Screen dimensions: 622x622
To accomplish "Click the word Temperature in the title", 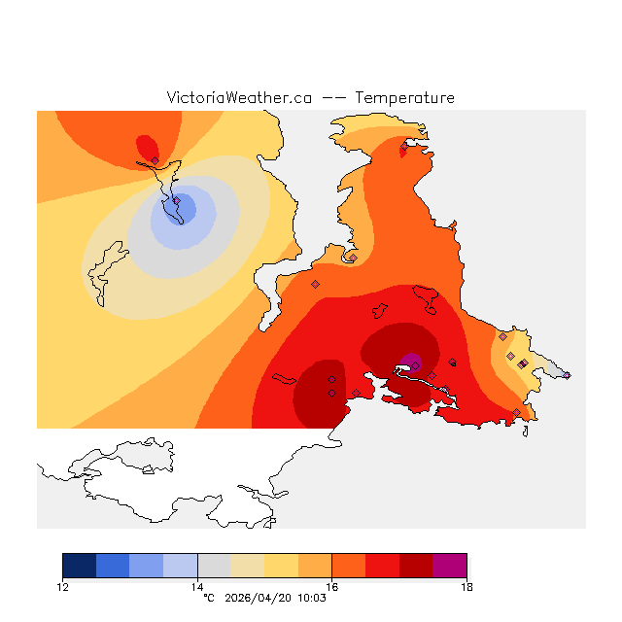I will click(404, 98).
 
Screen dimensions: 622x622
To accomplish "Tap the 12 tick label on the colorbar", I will click(62, 586).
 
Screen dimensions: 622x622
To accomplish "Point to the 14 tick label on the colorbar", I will click(197, 586).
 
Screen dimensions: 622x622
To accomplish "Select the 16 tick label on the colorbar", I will click(331, 586).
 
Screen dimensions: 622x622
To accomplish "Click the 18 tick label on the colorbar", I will click(466, 586).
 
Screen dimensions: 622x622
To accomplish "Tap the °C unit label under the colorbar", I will click(208, 598).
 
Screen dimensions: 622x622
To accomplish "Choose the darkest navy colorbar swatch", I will click(79, 566).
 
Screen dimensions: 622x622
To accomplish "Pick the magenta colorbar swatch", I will click(450, 566).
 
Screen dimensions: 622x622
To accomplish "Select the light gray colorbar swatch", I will click(214, 566).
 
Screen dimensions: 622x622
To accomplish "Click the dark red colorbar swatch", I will click(416, 566).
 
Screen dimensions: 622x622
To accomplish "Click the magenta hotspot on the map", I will click(411, 363).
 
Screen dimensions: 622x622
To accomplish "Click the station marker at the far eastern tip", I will click(567, 375).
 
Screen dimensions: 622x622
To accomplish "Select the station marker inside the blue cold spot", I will click(176, 201).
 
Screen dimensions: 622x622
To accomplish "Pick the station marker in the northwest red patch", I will click(155, 160).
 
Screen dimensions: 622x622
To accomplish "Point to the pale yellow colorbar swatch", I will click(248, 566).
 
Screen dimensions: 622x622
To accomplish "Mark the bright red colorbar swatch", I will click(382, 566).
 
